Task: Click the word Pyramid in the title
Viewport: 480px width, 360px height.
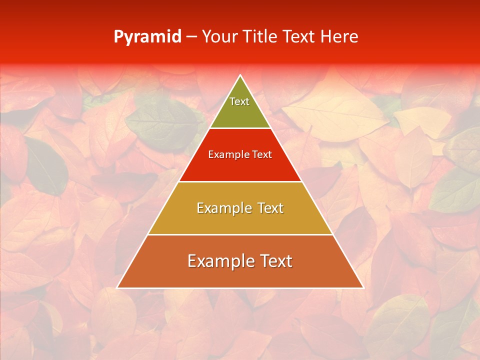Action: (x=147, y=37)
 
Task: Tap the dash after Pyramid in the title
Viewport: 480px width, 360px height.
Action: (x=191, y=37)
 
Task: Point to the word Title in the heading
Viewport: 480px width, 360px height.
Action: (x=260, y=37)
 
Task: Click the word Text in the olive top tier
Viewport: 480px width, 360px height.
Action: (x=239, y=101)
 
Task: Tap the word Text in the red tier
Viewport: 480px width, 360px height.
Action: (x=261, y=154)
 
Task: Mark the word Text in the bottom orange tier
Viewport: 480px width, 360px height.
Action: (x=275, y=261)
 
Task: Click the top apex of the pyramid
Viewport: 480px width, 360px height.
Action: (x=240, y=75)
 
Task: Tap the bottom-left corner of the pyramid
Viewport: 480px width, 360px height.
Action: (x=117, y=287)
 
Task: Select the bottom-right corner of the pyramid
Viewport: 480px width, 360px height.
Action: (x=363, y=287)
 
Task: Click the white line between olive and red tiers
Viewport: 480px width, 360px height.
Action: (x=240, y=128)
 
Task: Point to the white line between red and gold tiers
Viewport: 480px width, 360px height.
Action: (x=240, y=181)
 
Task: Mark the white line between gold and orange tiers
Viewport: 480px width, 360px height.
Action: (x=240, y=234)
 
